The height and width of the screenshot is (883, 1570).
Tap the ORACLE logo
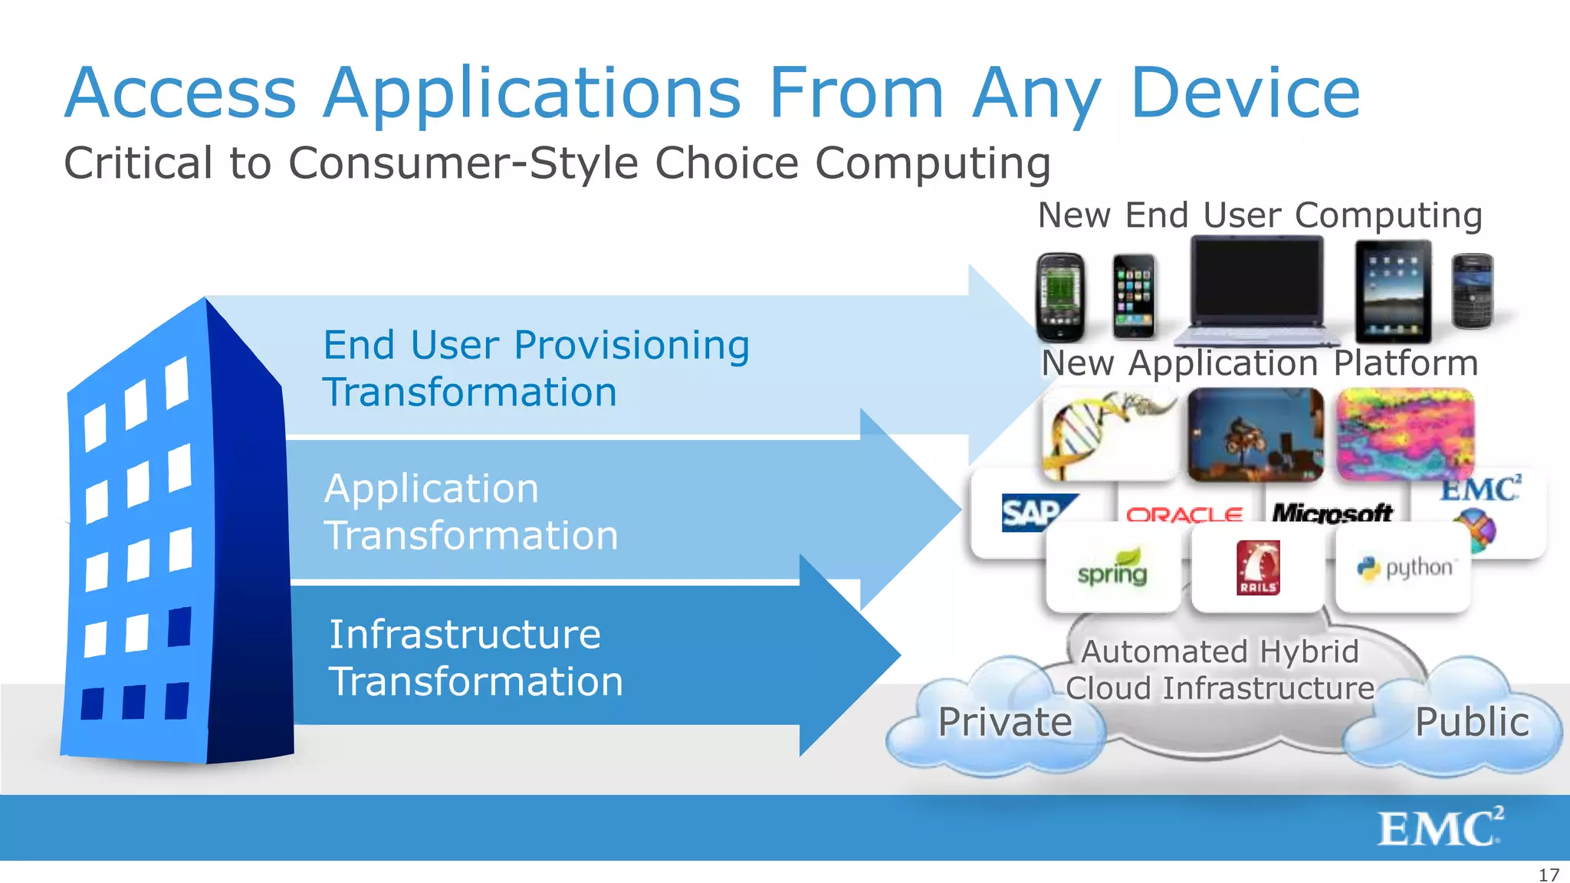[1184, 514]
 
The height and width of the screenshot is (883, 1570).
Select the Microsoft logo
[1332, 513]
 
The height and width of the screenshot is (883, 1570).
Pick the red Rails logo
[1257, 568]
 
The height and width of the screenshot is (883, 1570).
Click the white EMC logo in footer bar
[1440, 828]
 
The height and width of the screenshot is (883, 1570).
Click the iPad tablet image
[1393, 291]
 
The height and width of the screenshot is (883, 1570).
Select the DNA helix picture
[1107, 433]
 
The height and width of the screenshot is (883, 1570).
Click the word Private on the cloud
[1005, 722]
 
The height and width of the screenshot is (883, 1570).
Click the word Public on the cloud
[1472, 722]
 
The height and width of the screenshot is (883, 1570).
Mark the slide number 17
[1549, 875]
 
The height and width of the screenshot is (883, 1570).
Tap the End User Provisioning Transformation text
[535, 369]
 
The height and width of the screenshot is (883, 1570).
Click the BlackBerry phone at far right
[1473, 291]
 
